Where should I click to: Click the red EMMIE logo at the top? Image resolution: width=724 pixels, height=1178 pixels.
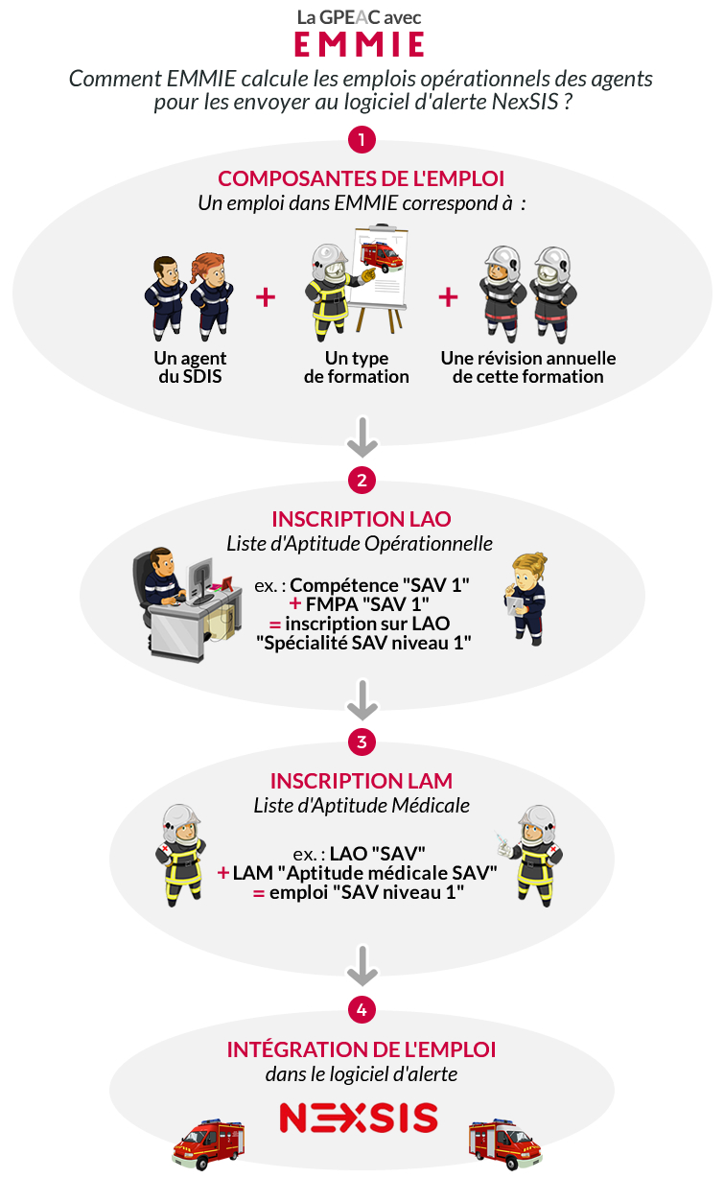[359, 44]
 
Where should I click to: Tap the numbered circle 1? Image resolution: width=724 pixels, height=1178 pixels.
[362, 140]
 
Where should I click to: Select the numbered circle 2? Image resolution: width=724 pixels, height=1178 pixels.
[362, 481]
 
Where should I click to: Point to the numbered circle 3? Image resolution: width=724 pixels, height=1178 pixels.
[362, 742]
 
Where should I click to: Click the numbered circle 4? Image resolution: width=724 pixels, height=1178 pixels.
[362, 1010]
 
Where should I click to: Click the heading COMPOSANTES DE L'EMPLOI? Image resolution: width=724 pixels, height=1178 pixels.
[362, 178]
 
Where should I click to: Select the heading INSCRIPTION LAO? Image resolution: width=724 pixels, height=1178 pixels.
[362, 519]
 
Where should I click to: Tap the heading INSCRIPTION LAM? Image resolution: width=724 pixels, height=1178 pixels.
[362, 781]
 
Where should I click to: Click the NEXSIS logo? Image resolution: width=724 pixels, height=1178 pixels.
[359, 1118]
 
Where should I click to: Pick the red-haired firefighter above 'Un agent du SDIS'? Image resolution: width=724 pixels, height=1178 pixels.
[212, 296]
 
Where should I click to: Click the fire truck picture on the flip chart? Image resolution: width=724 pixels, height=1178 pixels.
[382, 256]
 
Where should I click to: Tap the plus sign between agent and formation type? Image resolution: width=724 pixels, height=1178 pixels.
[266, 297]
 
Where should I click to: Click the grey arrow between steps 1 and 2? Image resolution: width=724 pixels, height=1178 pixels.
[362, 437]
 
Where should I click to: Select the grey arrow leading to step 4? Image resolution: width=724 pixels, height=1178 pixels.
[362, 966]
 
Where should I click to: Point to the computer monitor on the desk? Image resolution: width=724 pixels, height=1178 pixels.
[199, 580]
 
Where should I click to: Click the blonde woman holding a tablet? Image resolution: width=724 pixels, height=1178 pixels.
[526, 599]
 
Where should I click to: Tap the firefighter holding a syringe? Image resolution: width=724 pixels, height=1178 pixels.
[531, 856]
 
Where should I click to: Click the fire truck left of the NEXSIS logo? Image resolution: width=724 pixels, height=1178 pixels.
[209, 1144]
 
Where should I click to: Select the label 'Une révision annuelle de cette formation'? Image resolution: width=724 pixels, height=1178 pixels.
[528, 367]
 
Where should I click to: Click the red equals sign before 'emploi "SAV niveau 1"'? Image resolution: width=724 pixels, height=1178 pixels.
[258, 892]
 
